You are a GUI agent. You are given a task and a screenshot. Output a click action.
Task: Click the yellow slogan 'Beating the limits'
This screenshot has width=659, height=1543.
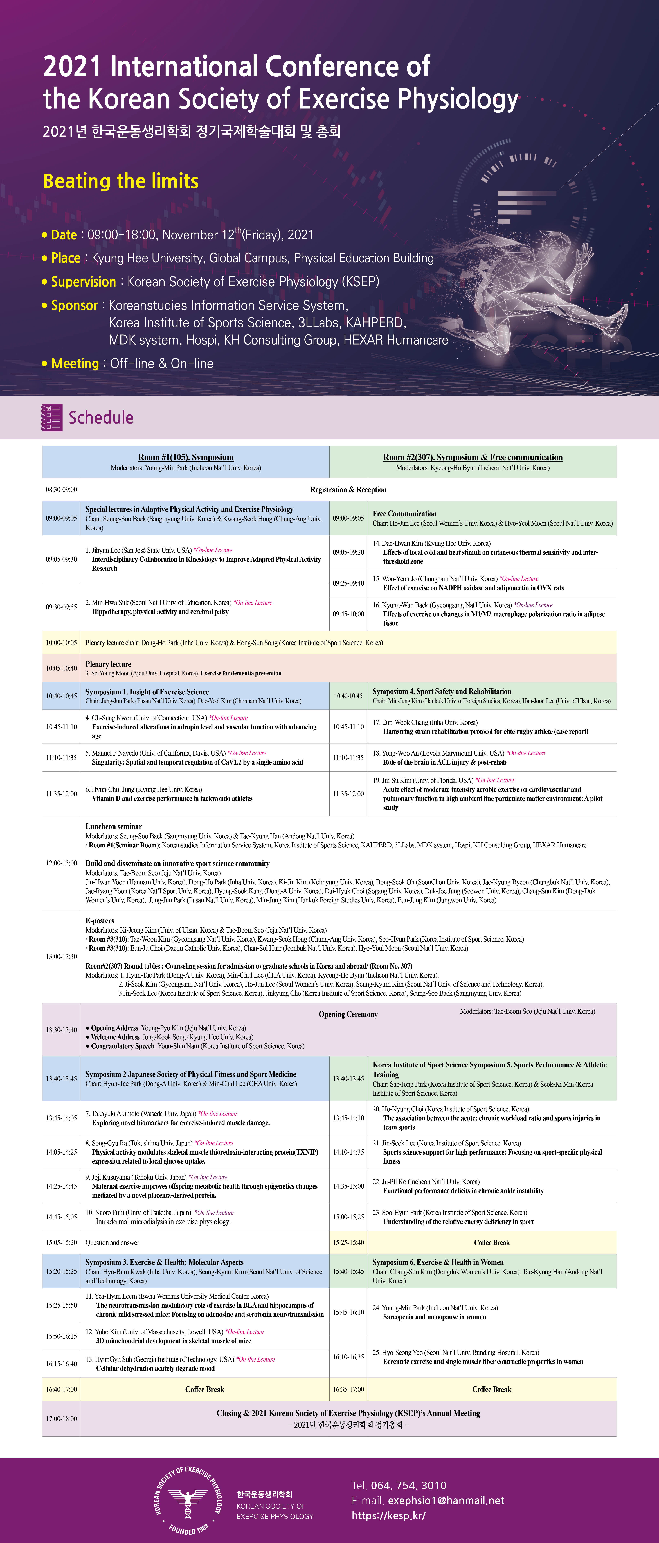pyautogui.click(x=120, y=181)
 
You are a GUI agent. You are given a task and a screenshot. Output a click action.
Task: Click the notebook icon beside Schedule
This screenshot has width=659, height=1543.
pyautogui.click(x=51, y=418)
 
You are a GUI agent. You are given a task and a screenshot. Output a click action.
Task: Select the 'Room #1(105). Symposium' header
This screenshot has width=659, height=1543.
pyautogui.click(x=186, y=457)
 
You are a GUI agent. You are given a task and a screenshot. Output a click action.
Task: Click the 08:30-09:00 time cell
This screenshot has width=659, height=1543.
pyautogui.click(x=61, y=489)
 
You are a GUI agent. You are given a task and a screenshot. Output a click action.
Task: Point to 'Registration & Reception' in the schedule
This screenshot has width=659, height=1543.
pyautogui.click(x=348, y=489)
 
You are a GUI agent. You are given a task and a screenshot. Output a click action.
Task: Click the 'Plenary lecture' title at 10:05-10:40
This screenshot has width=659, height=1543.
pyautogui.click(x=108, y=664)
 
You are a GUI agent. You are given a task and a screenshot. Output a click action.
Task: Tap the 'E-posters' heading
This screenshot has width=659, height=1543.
pyautogui.click(x=99, y=920)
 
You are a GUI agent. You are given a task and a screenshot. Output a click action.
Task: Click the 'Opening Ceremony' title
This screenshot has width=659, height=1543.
pyautogui.click(x=348, y=1014)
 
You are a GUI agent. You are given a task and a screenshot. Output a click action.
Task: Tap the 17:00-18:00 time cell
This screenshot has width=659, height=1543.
pyautogui.click(x=61, y=1418)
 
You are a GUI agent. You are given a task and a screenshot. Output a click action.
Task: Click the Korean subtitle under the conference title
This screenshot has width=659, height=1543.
pyautogui.click(x=192, y=131)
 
